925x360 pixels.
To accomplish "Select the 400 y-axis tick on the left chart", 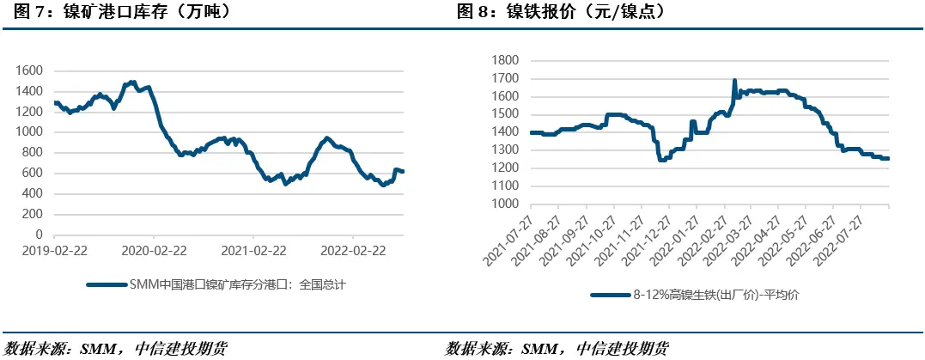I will coord(33,193).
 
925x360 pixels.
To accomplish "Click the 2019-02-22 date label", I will coord(54,251).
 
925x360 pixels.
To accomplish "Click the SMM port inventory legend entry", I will coord(219,284).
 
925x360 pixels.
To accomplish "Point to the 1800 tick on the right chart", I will coord(507,60).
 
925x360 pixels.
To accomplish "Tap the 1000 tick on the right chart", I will coord(507,204).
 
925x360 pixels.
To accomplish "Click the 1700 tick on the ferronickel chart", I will coord(507,78).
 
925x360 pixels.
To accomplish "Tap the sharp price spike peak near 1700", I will coord(734,81).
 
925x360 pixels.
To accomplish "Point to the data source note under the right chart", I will coord(557,349).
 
